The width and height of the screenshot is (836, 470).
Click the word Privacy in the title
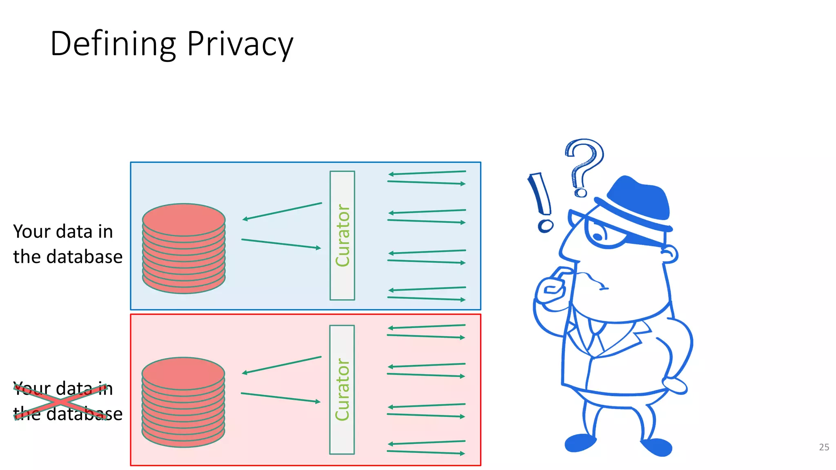pos(240,44)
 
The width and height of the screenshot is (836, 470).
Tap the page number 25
pos(824,447)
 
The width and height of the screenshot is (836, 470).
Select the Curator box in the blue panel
pos(342,235)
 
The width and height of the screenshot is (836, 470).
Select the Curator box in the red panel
pos(342,390)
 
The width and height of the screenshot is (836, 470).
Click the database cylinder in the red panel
pos(183,402)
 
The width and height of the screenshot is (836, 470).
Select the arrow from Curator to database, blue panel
pos(282,211)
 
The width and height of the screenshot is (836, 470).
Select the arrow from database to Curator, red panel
pos(280,397)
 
